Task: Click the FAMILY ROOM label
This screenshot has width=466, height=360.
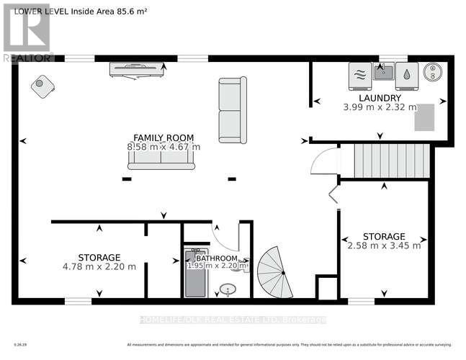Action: pos(163,138)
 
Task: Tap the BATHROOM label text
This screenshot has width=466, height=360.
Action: pos(216,258)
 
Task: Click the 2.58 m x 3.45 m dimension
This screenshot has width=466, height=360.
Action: pos(384,246)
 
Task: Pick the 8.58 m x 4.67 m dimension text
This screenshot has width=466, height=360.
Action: pos(163,147)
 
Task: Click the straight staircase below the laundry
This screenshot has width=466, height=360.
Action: pos(385,161)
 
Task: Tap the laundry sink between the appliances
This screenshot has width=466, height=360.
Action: pos(384,72)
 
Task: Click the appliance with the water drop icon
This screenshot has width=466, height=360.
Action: pos(407,74)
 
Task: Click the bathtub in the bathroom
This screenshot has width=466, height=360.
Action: pos(194,274)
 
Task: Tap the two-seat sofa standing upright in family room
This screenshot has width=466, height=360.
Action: pos(233,110)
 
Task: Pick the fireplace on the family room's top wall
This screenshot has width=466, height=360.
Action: pos(136,69)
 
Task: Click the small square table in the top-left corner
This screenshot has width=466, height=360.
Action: pos(42,86)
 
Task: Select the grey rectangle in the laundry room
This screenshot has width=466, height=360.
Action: pos(424,117)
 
